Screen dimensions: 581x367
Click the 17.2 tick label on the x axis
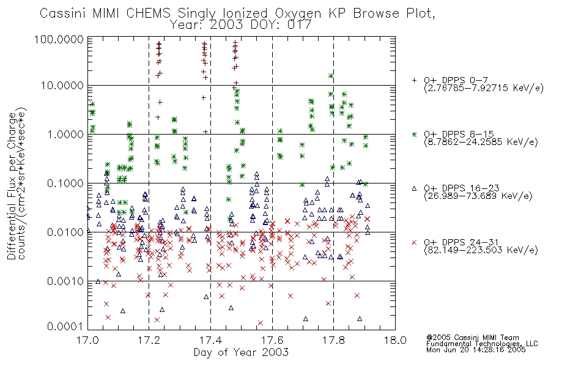click(149, 340)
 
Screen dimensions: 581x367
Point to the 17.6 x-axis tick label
click(272, 340)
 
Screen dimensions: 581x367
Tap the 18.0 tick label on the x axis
click(395, 340)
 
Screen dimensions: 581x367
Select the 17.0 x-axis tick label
click(87, 340)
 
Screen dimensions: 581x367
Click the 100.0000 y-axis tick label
click(59, 39)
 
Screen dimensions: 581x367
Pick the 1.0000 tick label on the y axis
click(65, 134)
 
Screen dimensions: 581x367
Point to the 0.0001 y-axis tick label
click(65, 327)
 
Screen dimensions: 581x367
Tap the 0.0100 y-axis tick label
click(65, 232)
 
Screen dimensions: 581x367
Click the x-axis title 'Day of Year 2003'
click(241, 352)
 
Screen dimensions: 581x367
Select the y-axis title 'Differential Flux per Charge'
click(12, 185)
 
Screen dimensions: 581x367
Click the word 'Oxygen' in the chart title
click(298, 13)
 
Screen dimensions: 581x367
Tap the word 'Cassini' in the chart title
click(63, 13)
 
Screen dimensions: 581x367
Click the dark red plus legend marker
click(414, 80)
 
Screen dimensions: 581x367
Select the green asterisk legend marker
click(414, 134)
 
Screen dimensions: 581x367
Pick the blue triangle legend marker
click(414, 188)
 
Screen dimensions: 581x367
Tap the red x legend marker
click(414, 242)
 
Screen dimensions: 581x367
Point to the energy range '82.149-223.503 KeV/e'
click(481, 250)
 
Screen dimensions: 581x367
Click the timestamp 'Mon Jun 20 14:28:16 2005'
click(476, 350)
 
